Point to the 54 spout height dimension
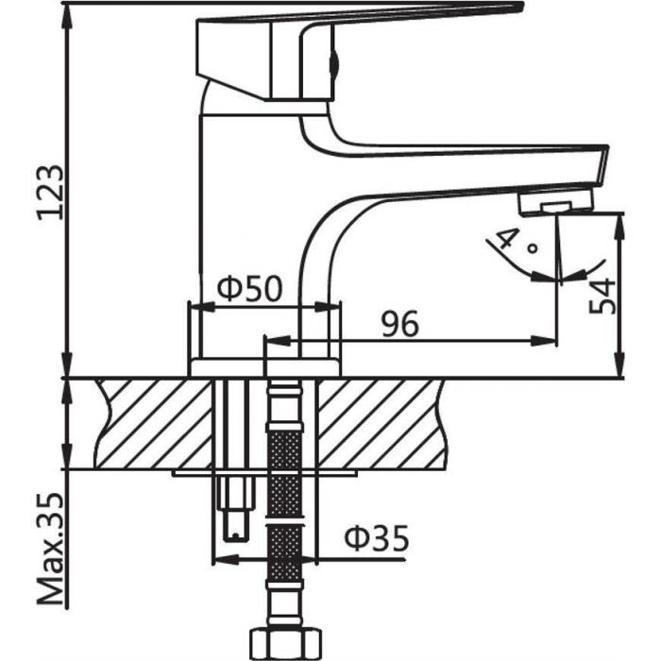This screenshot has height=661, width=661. (602, 296)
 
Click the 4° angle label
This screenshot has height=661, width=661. (517, 243)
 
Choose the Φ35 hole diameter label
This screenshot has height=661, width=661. (376, 539)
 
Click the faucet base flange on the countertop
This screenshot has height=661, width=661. (264, 367)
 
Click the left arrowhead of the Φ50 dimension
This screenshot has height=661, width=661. (195, 305)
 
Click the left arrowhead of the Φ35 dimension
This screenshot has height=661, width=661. (220, 559)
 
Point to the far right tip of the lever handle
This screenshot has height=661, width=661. (520, 8)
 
